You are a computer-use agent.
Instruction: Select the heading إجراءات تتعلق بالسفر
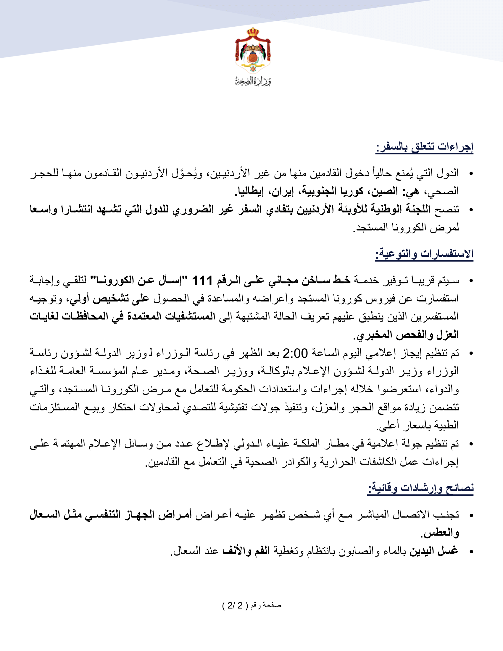point(424,147)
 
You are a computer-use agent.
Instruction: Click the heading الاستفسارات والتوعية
point(424,254)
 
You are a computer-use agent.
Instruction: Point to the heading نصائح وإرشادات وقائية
point(420,488)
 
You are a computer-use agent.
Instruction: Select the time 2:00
point(295,353)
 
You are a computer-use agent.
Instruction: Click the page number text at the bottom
point(252,605)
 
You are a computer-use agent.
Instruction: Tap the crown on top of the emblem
point(253,32)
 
